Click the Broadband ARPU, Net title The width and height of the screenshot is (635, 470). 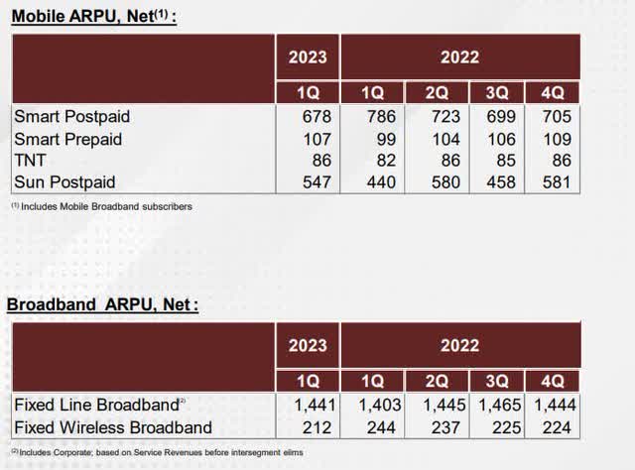[102, 304]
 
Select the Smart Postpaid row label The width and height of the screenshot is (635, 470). [72, 117]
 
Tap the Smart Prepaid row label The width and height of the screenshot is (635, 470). [68, 139]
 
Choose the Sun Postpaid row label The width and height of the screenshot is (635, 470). [64, 182]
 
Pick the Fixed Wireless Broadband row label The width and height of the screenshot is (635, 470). [112, 427]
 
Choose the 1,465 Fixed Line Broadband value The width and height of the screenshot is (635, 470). [501, 406]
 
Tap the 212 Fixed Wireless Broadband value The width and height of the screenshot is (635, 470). [314, 427]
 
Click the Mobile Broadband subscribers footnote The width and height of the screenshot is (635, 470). [102, 206]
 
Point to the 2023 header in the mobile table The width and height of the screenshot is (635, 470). [308, 58]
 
